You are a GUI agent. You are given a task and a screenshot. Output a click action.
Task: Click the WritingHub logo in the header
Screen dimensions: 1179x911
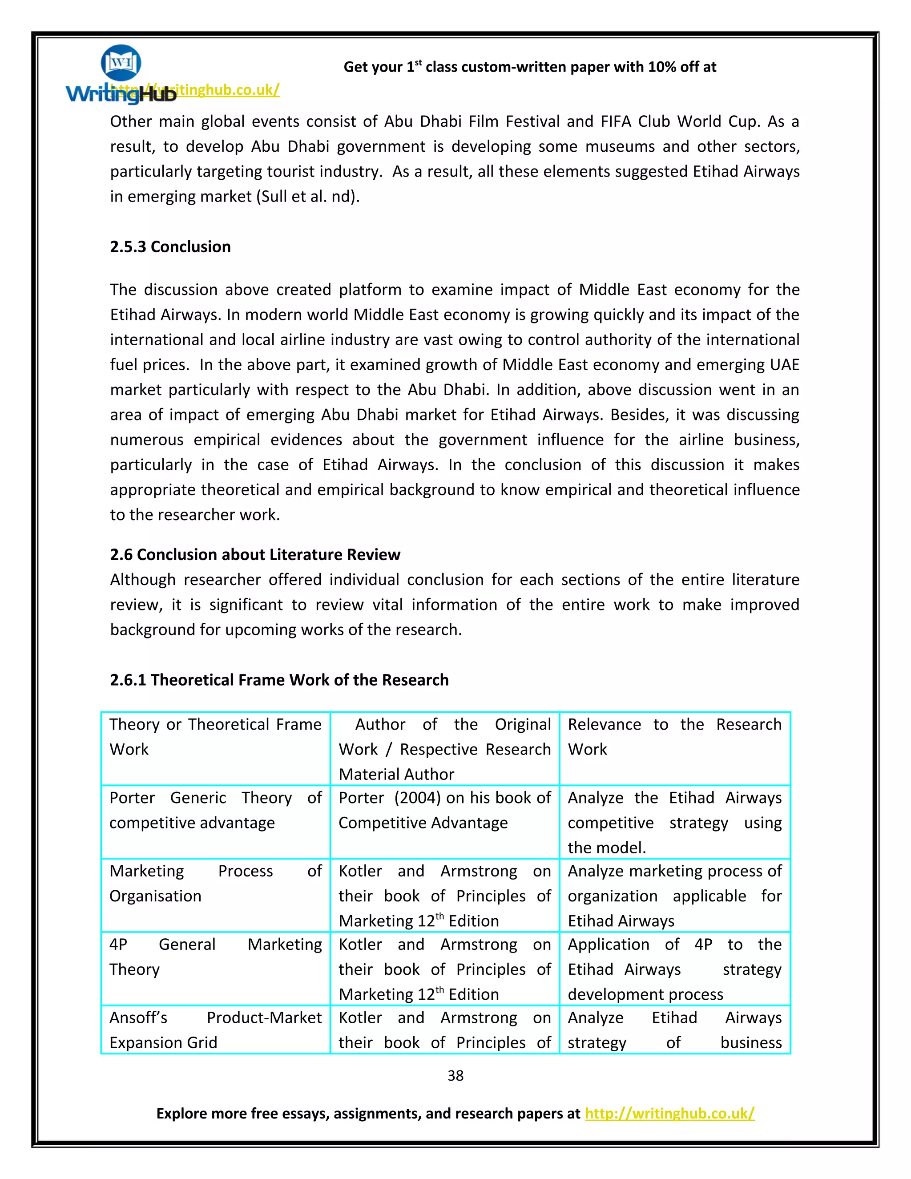[121, 76]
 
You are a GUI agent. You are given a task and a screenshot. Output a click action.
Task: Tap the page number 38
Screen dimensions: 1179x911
[455, 1075]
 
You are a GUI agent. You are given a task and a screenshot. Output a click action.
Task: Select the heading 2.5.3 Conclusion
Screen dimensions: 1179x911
[170, 247]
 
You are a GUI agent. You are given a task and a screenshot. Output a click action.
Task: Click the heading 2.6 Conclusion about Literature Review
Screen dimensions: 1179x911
[255, 554]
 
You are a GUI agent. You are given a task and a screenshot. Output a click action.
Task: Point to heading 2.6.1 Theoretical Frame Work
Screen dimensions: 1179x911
[279, 680]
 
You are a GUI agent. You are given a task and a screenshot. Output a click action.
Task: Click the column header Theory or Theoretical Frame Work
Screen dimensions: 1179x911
[215, 736]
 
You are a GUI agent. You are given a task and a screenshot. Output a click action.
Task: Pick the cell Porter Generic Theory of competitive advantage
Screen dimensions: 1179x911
[215, 810]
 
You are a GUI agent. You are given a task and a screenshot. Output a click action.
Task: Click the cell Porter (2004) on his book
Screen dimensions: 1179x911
[444, 810]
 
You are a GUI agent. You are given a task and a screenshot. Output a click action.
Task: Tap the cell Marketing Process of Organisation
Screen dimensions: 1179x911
[215, 883]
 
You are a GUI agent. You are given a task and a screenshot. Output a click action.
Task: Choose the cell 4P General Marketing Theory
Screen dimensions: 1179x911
[215, 957]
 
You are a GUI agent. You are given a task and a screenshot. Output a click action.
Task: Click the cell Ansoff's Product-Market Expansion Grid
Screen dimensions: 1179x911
[215, 1030]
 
